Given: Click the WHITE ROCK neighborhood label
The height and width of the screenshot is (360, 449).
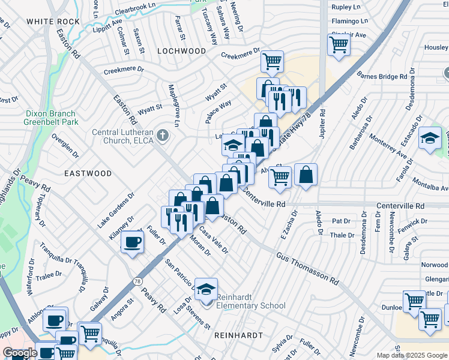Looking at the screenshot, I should [53, 22].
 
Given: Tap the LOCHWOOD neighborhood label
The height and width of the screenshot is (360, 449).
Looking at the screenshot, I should [181, 52].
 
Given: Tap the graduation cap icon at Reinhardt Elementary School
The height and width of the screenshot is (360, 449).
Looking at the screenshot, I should [205, 289].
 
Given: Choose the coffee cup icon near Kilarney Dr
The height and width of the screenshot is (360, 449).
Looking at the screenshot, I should [132, 242].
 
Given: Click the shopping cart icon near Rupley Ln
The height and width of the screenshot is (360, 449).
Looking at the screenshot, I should [339, 44].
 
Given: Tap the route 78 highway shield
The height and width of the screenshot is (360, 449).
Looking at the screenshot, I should [138, 281].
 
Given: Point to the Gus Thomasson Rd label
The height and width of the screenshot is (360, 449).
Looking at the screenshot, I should [308, 268].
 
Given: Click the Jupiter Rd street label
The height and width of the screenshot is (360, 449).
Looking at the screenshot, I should [322, 121].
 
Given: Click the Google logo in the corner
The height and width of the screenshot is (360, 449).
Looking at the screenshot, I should [20, 353].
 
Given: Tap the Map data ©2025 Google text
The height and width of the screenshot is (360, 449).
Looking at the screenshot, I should [411, 355].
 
